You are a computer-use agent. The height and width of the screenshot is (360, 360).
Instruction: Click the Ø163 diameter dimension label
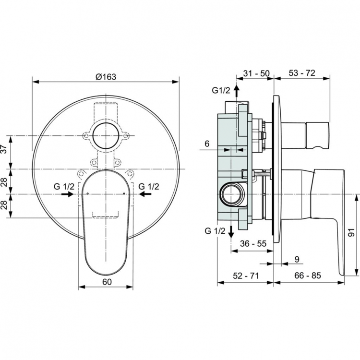tap(107, 76)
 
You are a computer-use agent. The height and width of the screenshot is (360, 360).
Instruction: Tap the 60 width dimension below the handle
tap(106, 282)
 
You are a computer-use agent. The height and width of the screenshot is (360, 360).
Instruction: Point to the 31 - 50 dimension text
tap(256, 73)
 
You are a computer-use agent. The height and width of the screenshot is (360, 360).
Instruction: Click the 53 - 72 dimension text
tap(302, 73)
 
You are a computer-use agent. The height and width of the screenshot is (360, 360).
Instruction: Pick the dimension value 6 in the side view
tap(206, 144)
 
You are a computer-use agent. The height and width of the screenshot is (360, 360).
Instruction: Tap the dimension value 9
tap(296, 259)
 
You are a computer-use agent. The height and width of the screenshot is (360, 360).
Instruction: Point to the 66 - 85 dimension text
tap(307, 277)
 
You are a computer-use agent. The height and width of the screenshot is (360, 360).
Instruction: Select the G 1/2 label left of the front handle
tap(64, 185)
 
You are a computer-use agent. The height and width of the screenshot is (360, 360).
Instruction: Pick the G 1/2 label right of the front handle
tap(149, 185)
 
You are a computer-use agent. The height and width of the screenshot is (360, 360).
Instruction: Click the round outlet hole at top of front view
tap(106, 136)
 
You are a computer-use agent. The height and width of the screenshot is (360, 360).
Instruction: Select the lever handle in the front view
tap(106, 226)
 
